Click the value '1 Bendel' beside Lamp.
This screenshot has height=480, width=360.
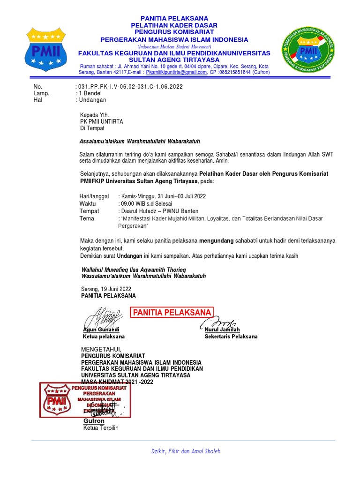click(x=90, y=93)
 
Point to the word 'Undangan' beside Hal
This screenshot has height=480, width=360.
click(x=93, y=100)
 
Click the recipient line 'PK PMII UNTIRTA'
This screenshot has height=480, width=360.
click(x=102, y=121)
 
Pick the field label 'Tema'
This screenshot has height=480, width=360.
click(x=87, y=218)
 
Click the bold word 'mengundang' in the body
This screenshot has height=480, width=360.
click(x=217, y=241)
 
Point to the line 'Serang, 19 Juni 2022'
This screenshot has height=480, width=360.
click(x=106, y=289)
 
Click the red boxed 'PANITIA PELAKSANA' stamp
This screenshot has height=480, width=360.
click(x=172, y=313)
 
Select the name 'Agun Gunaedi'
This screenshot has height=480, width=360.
click(x=101, y=330)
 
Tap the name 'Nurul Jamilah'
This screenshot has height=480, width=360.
click(x=222, y=330)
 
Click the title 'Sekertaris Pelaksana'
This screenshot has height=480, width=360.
click(x=231, y=337)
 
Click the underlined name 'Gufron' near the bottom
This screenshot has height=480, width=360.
click(x=94, y=421)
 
